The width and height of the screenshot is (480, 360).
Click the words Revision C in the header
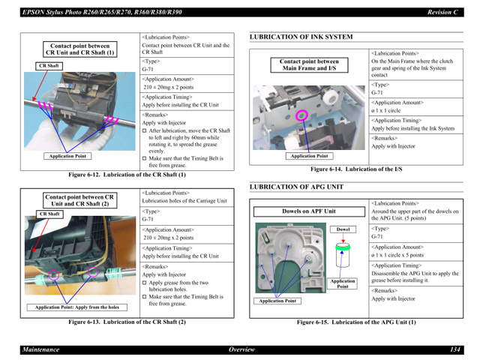coord(442,12)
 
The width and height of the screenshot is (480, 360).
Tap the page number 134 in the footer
coord(455,349)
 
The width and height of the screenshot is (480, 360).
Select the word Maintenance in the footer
coord(40,349)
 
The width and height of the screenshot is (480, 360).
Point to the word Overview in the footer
coord(241,349)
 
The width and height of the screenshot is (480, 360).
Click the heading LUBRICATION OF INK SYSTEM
coord(301,37)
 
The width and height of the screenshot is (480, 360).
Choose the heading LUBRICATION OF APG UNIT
coord(296,187)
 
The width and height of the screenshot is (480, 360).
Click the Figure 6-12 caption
coord(127,175)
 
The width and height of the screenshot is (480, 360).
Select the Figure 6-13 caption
coord(127,322)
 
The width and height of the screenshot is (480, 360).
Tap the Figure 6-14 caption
coord(356,169)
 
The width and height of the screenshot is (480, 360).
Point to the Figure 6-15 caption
coord(356,322)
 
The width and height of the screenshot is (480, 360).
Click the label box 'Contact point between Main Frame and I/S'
coord(309,65)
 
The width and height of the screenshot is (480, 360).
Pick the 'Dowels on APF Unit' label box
coord(309,211)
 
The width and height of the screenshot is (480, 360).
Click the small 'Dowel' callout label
coord(343,229)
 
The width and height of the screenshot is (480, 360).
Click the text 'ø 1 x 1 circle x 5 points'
coord(397,255)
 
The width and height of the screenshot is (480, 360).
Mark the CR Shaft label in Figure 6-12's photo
coord(49,66)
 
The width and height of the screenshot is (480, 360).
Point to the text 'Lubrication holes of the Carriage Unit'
coord(184,201)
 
